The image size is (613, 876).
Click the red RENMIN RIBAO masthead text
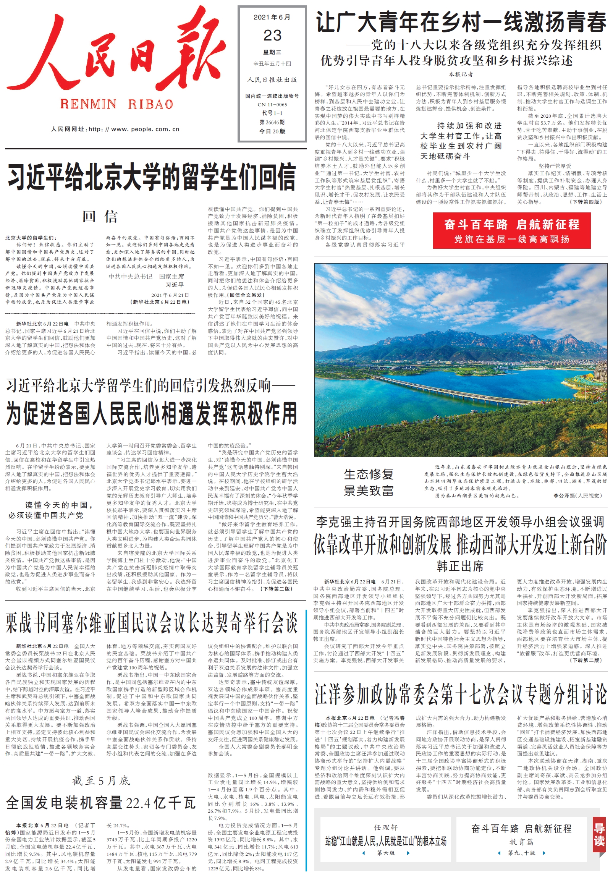116,104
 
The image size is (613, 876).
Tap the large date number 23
272,36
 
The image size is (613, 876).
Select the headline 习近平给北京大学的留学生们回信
152,176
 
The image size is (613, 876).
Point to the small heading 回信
100,217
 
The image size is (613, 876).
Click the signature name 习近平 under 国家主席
175,285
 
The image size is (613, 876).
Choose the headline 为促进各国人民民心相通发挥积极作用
152,413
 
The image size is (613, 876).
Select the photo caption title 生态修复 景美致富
368,482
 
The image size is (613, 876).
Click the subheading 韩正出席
460,566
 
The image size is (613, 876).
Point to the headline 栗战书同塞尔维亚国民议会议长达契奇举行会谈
152,623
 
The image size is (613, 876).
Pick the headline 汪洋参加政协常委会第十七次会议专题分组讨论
460,694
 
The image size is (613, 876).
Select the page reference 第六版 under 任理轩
386,853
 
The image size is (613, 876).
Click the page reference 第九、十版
521,853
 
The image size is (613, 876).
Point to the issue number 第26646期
272,122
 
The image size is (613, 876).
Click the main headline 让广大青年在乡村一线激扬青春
461,22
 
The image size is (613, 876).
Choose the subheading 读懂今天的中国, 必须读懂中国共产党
51,510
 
